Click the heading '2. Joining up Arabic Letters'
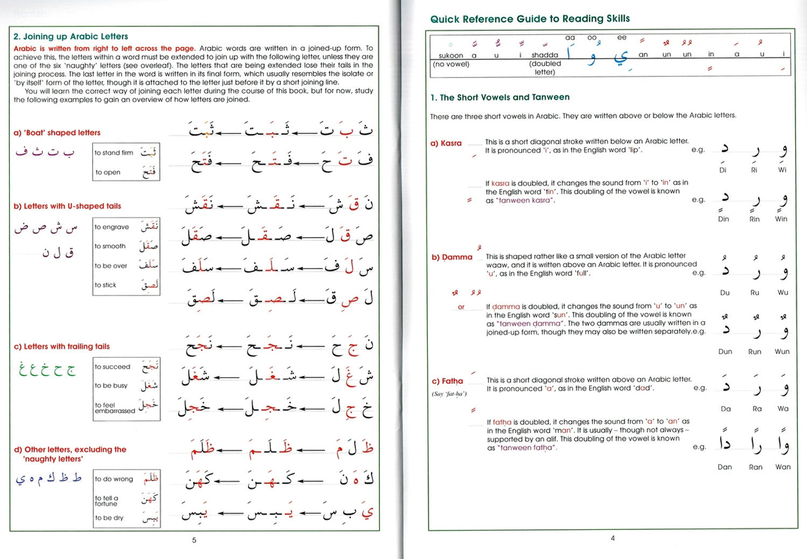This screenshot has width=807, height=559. pyautogui.click(x=70, y=37)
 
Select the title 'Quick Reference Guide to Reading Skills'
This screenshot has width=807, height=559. pyautogui.click(x=529, y=19)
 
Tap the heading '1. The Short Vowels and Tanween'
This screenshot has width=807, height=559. pyautogui.click(x=499, y=97)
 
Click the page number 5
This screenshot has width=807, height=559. pyautogui.click(x=194, y=540)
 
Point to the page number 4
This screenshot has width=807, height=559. pyautogui.click(x=612, y=538)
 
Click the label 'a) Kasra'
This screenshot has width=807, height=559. pyautogui.click(x=446, y=143)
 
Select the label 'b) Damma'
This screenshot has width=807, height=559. pyautogui.click(x=451, y=257)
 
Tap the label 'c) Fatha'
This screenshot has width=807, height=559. pyautogui.click(x=447, y=381)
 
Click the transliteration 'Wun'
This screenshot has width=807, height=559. pyautogui.click(x=782, y=351)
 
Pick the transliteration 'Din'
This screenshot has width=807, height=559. pyautogui.click(x=723, y=219)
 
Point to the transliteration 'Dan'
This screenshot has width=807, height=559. pyautogui.click(x=724, y=467)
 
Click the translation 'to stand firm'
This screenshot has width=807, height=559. pyautogui.click(x=114, y=153)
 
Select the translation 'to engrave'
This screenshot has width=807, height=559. pyautogui.click(x=111, y=227)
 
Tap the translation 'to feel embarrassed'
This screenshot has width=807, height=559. pyautogui.click(x=115, y=408)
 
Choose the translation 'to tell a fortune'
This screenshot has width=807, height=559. pyautogui.click(x=107, y=501)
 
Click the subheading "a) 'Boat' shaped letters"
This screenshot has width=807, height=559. pyautogui.click(x=57, y=133)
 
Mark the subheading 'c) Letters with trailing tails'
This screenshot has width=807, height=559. pyautogui.click(x=62, y=346)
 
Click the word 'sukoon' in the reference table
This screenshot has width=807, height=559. pyautogui.click(x=450, y=55)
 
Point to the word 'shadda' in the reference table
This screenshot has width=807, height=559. pyautogui.click(x=544, y=55)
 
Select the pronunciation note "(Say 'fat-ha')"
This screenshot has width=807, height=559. pyautogui.click(x=449, y=394)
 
